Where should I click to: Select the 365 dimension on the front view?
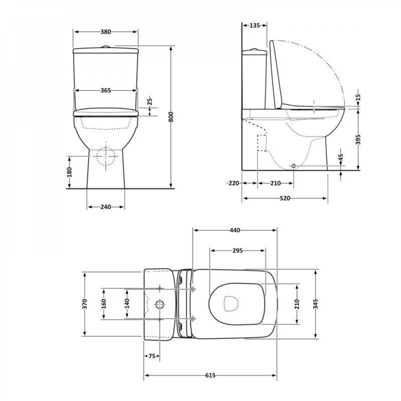tap(105, 91)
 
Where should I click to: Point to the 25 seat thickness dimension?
tap(150, 102)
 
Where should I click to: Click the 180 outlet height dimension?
tap(70, 172)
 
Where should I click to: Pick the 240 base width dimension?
tap(105, 207)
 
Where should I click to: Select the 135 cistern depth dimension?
tap(255, 25)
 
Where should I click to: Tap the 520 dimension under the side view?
tap(285, 198)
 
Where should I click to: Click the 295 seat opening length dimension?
tap(237, 251)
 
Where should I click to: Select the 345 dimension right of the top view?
tap(316, 304)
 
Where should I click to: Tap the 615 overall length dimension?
tap(210, 375)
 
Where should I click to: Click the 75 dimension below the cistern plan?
tap(151, 355)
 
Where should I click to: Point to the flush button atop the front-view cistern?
tap(106, 47)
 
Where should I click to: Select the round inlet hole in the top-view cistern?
tap(160, 304)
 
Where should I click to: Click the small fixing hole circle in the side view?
tap(293, 166)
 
